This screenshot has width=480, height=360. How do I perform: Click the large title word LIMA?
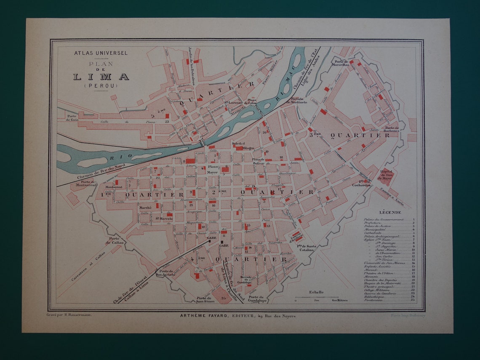click(101, 77)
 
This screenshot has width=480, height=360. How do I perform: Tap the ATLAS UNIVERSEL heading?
click(101, 53)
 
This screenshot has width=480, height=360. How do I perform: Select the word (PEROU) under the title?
click(101, 85)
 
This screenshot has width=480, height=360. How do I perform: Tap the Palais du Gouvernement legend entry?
click(384, 219)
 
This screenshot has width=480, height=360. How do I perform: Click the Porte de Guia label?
click(72, 117)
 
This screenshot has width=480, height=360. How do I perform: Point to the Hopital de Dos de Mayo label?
click(386, 174)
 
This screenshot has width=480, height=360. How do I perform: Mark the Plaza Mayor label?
click(213, 169)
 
